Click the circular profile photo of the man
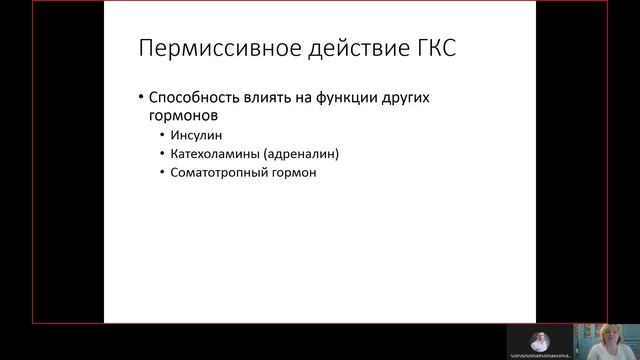pyautogui.click(x=540, y=341)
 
